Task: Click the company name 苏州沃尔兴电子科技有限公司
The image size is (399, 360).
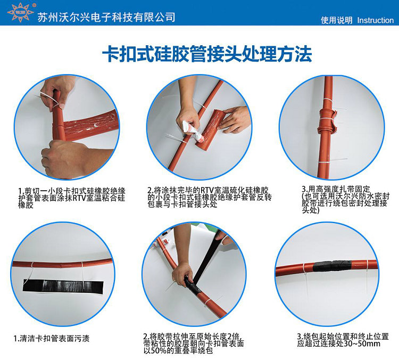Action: point(107,17)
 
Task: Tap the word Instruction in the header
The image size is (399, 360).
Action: point(375,20)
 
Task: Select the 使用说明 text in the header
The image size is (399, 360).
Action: point(336,20)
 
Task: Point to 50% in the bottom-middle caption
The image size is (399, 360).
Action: point(162,350)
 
